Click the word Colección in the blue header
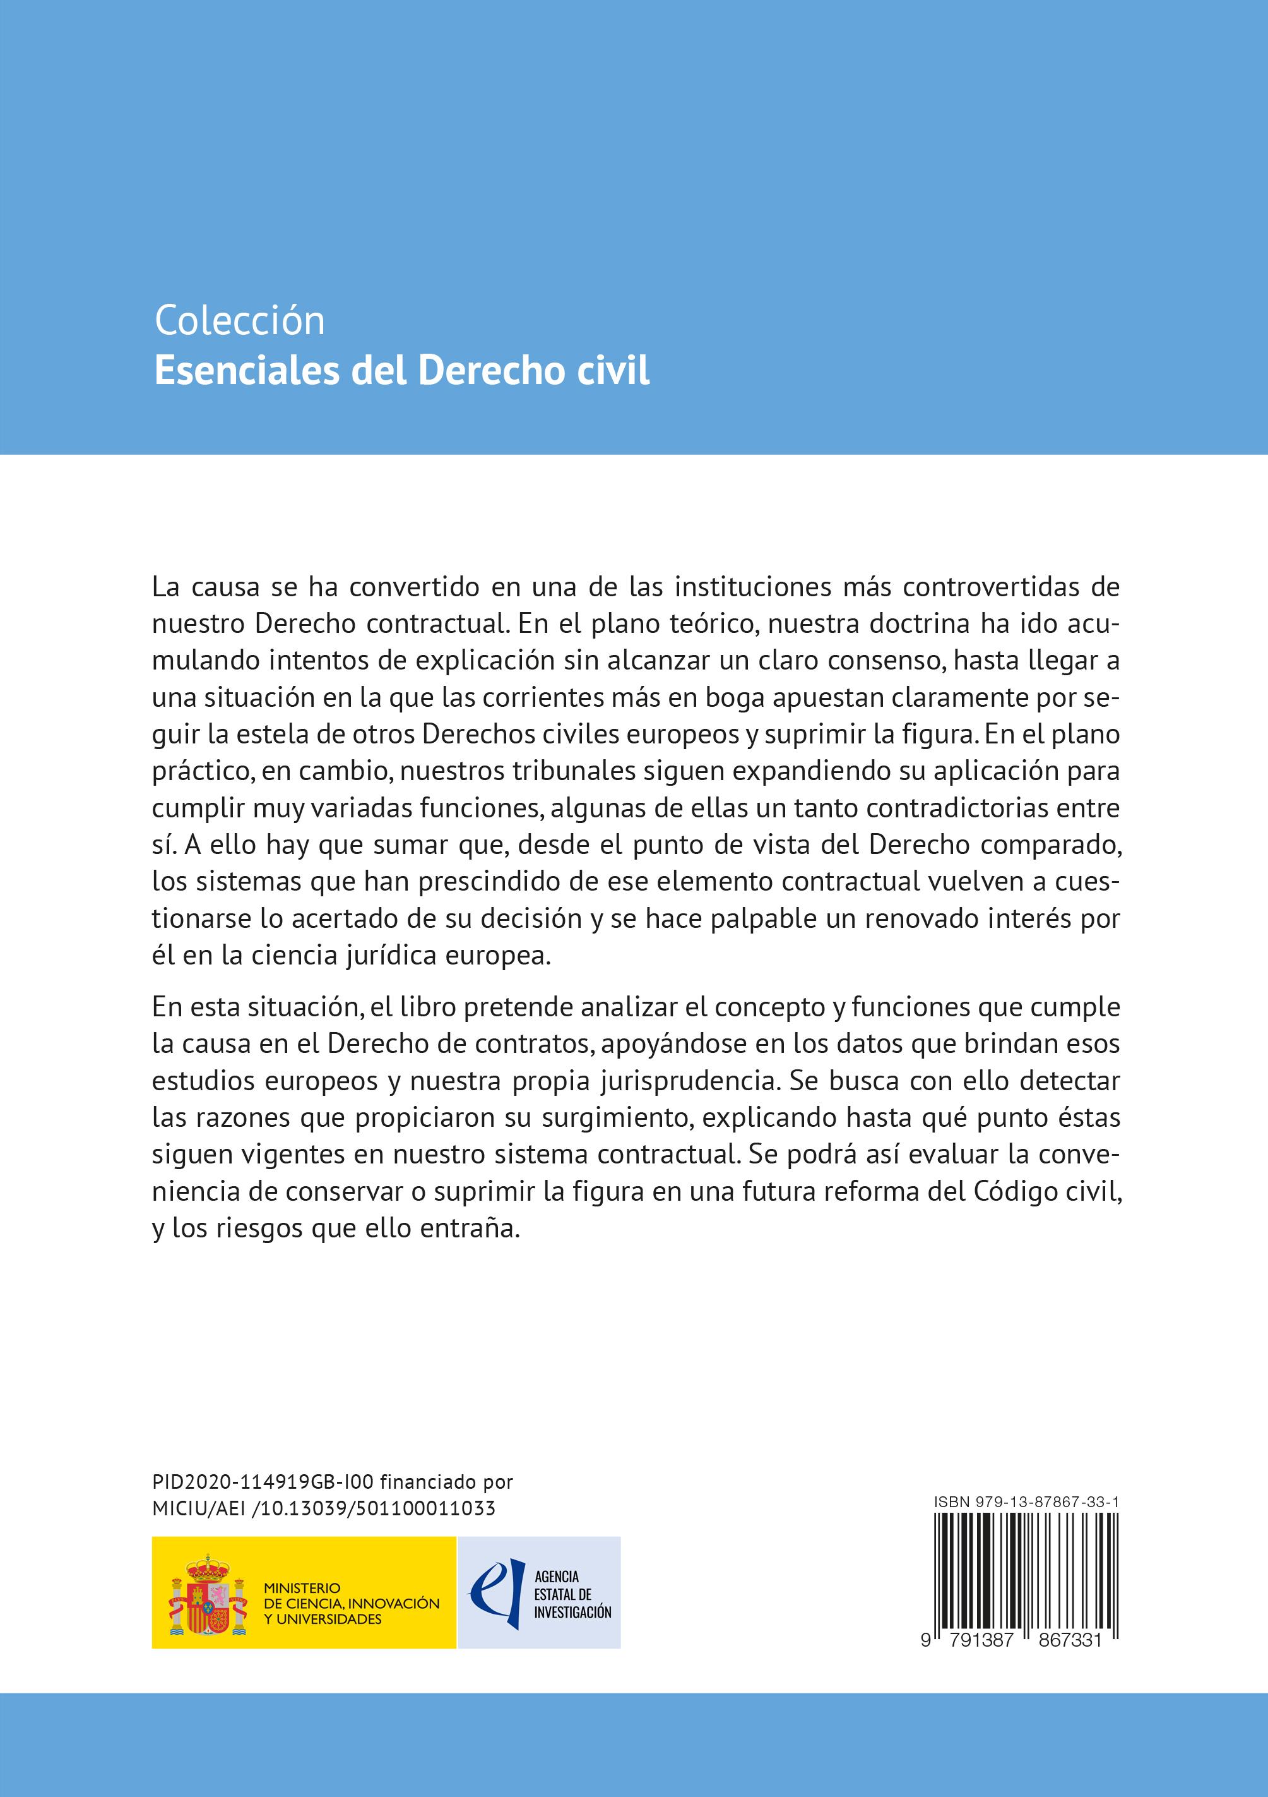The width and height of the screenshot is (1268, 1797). pyautogui.click(x=239, y=321)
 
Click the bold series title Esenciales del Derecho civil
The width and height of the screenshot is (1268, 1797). pyautogui.click(x=401, y=371)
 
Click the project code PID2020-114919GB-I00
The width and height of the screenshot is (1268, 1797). pyautogui.click(x=264, y=1482)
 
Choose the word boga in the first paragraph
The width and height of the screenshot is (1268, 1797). pyautogui.click(x=735, y=697)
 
